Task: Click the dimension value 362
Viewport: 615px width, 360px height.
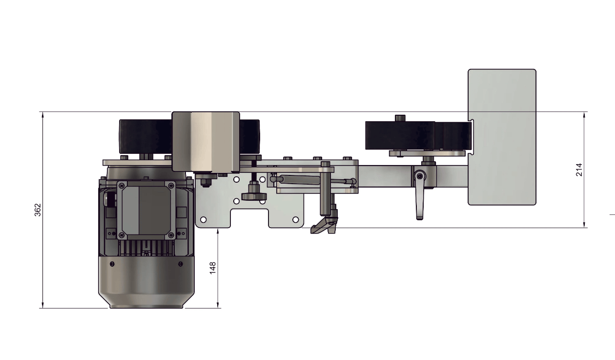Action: [38, 210]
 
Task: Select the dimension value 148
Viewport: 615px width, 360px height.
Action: [213, 268]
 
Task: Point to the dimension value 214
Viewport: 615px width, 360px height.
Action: [579, 169]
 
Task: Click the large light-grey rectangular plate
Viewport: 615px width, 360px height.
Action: [502, 137]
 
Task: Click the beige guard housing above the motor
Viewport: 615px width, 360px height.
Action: [205, 141]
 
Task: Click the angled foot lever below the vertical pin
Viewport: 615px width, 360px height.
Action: [324, 226]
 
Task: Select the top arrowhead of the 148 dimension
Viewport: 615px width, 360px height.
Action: [218, 232]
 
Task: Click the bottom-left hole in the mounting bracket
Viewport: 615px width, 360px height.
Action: [204, 220]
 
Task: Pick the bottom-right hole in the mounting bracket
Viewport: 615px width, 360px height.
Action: [295, 220]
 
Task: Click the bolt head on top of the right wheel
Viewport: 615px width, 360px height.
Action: [400, 118]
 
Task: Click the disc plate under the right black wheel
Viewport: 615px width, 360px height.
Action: [427, 153]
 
